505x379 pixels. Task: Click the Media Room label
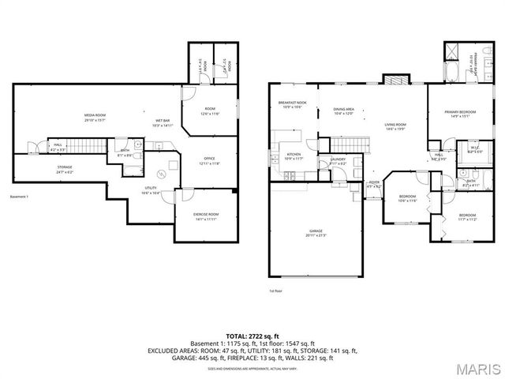point(95,117)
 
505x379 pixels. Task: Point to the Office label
point(210,161)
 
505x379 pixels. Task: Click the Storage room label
point(65,169)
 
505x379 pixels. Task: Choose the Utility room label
point(151,190)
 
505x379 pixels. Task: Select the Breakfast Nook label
point(292,105)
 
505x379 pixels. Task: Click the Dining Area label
point(343,111)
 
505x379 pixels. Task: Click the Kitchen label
point(294,156)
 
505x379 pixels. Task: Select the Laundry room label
point(339,161)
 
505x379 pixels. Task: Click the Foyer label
point(374,185)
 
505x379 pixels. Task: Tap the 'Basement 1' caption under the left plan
point(19,197)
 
